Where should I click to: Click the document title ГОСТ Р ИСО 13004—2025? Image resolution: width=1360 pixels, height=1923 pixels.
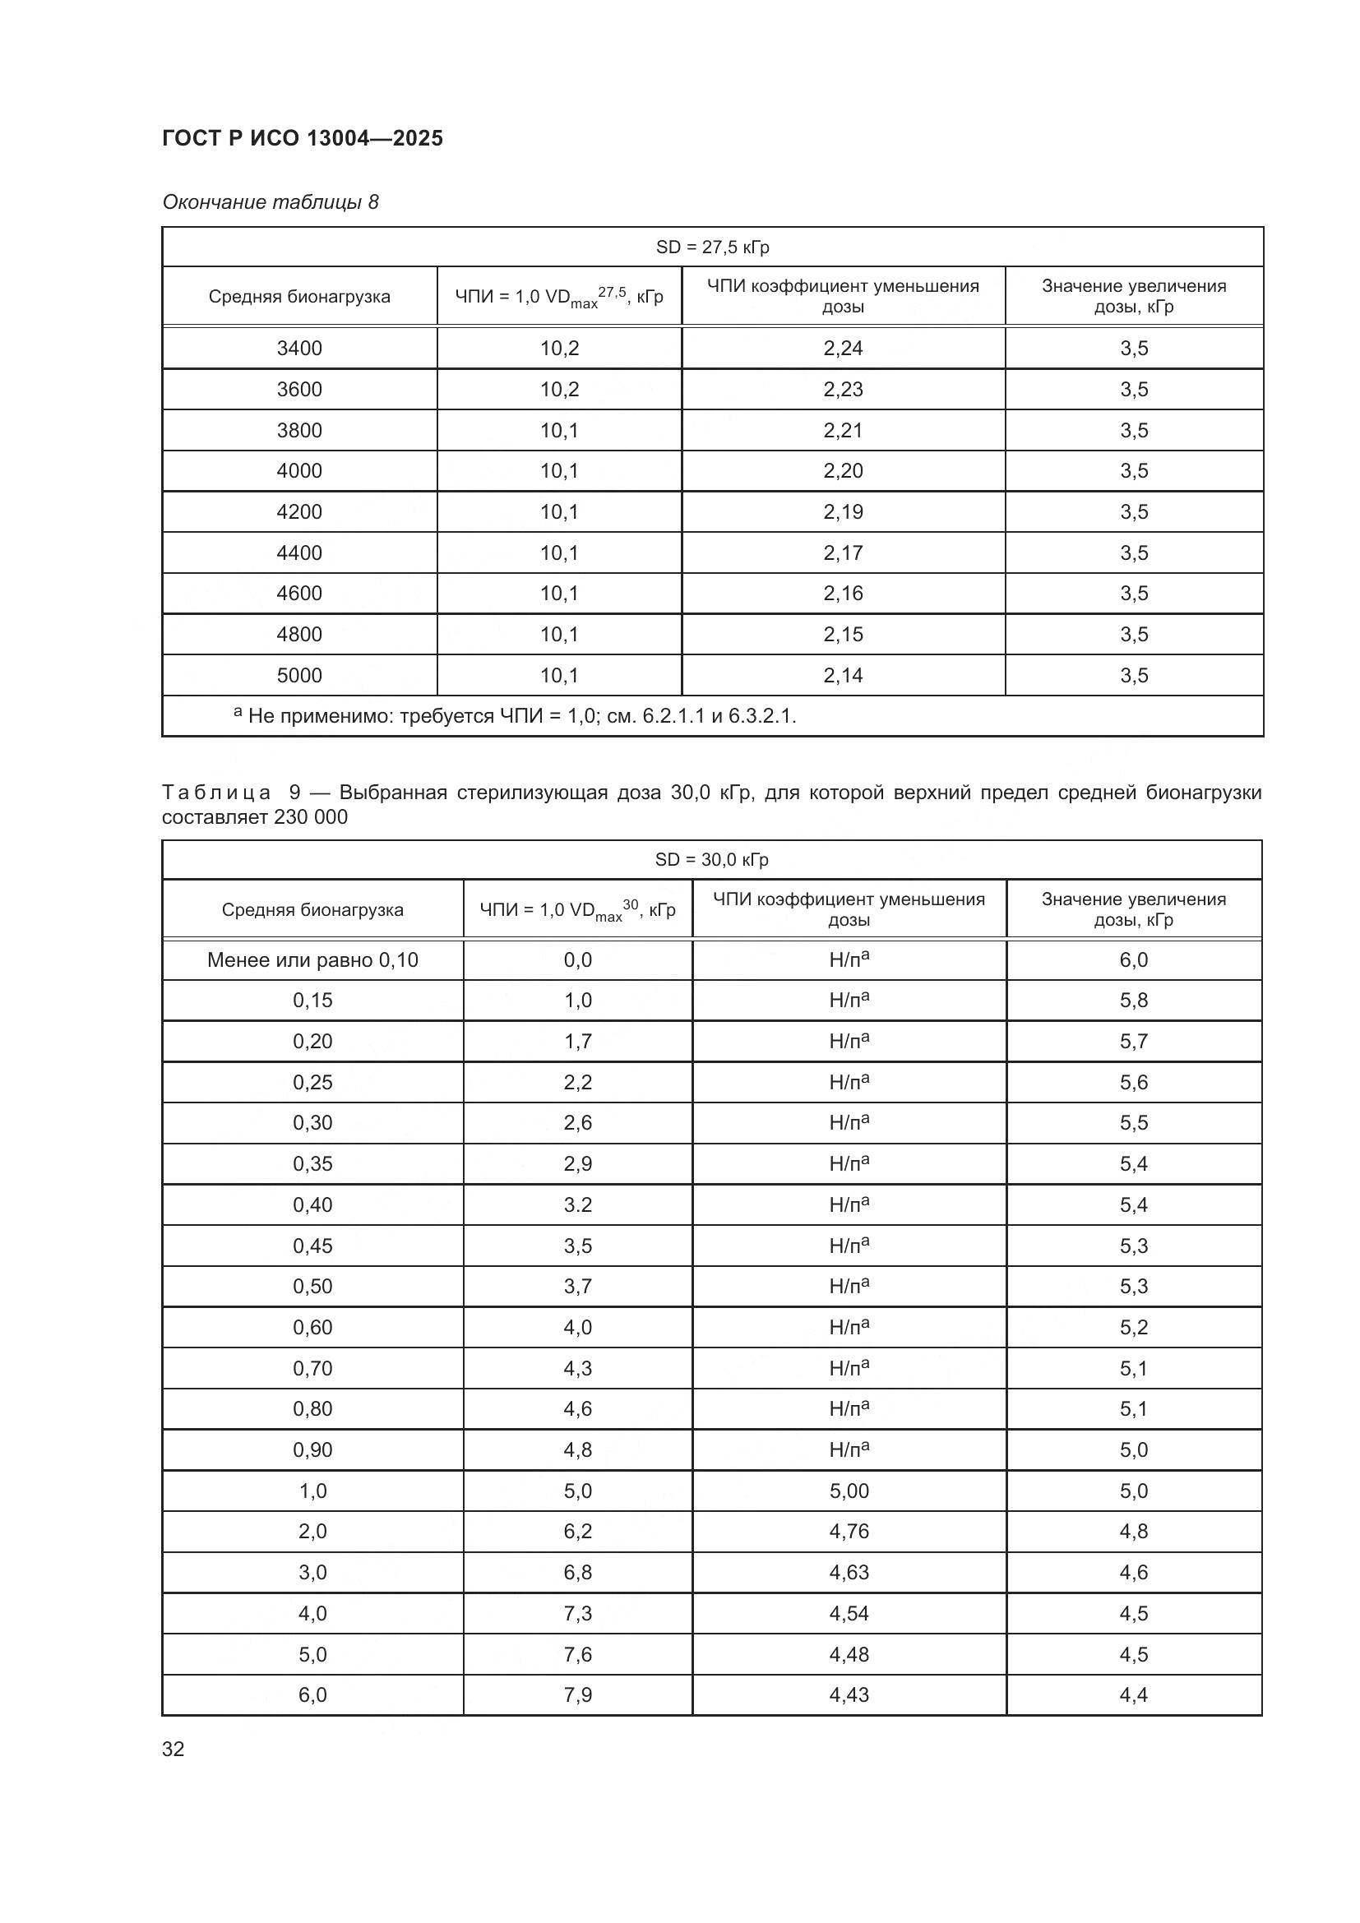tap(303, 138)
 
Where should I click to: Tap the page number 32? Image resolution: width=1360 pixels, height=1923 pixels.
tap(173, 1749)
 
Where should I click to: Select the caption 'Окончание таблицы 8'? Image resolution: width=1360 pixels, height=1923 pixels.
tap(271, 202)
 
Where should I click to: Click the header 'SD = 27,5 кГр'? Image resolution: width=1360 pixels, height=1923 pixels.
tap(712, 247)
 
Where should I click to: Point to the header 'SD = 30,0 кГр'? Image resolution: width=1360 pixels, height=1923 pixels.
tap(712, 859)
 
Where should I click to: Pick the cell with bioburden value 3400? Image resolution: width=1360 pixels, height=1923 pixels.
tap(299, 349)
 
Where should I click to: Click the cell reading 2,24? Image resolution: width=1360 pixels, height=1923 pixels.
tap(843, 349)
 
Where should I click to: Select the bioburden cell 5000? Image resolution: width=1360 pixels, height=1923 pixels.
tap(299, 675)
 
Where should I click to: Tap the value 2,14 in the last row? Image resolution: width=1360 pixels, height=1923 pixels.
tap(843, 675)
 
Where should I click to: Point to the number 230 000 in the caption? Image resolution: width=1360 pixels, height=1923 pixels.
tap(311, 816)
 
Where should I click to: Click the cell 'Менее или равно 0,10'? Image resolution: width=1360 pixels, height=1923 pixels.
tap(312, 959)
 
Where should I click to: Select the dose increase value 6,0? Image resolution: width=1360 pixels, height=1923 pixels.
tap(1133, 959)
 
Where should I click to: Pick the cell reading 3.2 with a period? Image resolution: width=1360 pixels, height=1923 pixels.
tap(578, 1204)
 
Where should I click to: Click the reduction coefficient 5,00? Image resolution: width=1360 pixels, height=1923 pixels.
tap(849, 1491)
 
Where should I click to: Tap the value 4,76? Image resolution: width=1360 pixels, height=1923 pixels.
tap(849, 1531)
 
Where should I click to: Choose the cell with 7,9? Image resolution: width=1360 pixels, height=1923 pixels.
tap(578, 1694)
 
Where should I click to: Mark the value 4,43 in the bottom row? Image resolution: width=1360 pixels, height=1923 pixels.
tap(849, 1694)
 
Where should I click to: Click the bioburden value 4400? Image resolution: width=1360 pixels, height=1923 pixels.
tap(299, 552)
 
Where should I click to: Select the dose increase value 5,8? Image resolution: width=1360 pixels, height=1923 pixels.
tap(1133, 1000)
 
